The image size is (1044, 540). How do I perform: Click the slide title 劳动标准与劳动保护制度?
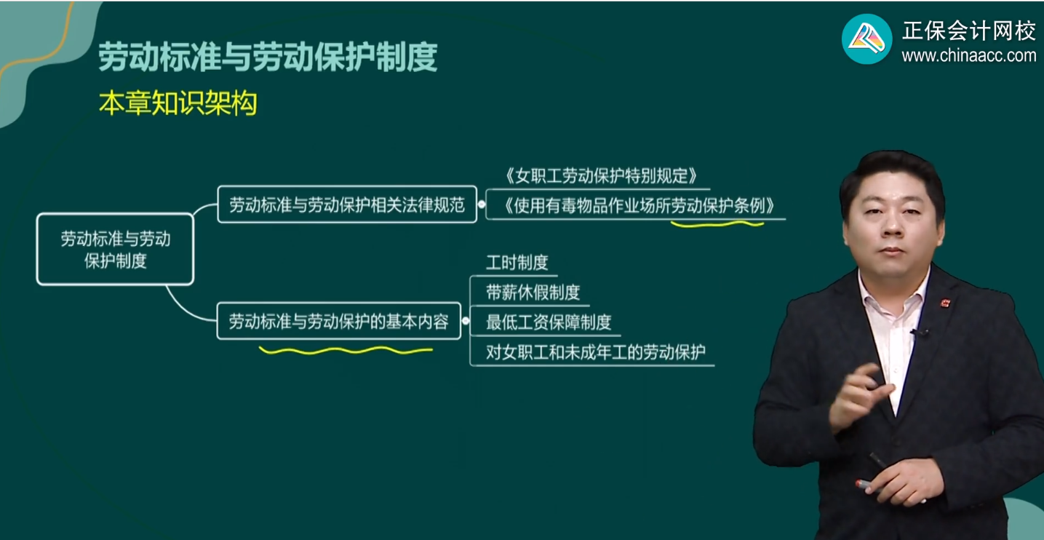(x=268, y=57)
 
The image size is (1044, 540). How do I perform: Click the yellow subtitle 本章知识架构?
(x=178, y=104)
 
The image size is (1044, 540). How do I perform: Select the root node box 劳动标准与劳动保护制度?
(x=115, y=250)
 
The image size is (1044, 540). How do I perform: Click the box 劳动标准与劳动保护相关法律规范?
(x=347, y=205)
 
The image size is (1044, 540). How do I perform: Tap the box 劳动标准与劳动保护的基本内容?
(x=339, y=322)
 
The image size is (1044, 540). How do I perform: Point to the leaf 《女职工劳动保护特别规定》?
(x=599, y=175)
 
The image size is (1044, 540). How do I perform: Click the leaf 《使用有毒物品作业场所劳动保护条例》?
(x=637, y=206)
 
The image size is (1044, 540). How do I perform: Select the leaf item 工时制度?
(x=517, y=263)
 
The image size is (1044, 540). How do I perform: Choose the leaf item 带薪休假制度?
(x=533, y=293)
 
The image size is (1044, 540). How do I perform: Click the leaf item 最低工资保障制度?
(x=549, y=322)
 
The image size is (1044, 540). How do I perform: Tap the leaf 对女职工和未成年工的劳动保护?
(x=595, y=353)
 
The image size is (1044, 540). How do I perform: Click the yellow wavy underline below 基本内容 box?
(x=346, y=351)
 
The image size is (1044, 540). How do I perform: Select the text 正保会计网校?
(x=968, y=31)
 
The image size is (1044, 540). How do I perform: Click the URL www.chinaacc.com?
(x=968, y=55)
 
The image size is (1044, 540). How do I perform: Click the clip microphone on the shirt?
(x=917, y=333)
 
